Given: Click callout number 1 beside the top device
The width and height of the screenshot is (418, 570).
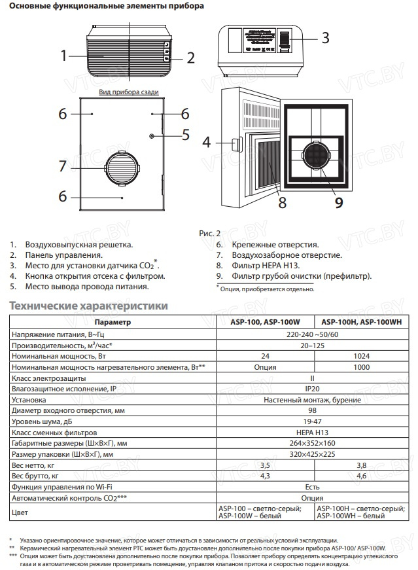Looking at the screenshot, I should pos(63,55).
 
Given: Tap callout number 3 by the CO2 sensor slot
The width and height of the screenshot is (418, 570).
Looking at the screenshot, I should pos(325,38).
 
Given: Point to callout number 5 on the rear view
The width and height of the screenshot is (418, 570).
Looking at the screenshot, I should pos(185,135).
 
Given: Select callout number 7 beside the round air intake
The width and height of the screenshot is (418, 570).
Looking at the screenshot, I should pos(63,166).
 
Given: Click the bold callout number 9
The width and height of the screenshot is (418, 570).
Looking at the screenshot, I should pos(339,202).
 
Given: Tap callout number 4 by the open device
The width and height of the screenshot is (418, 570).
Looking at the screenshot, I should pos(207,141).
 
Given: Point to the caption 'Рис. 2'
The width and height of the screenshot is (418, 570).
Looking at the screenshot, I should pos(209,232).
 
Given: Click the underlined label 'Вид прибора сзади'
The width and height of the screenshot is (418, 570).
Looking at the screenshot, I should pos(129,92).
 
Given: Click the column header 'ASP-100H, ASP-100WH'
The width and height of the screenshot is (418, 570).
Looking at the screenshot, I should pos(362,323).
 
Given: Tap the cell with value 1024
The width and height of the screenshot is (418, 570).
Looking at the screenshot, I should pos(362,356).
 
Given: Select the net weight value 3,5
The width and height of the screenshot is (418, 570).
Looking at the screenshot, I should pos(265,465).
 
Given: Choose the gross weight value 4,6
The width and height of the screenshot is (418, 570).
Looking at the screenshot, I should pos(362,476).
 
